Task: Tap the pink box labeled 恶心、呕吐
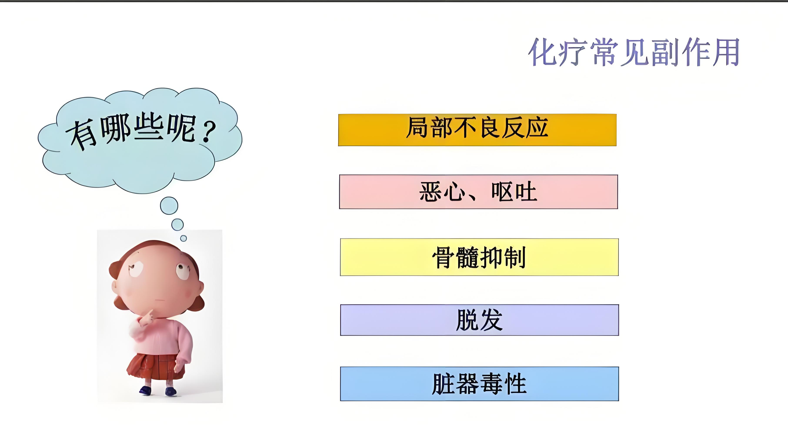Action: point(478,192)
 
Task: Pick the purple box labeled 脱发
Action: point(479,320)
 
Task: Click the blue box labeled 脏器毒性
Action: point(479,384)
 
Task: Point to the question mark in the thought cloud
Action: point(209,132)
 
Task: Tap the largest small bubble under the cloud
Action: point(169,206)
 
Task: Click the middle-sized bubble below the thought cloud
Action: point(177,224)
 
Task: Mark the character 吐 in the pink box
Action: point(526,192)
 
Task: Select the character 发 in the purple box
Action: point(491,320)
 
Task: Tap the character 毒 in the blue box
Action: point(491,384)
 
